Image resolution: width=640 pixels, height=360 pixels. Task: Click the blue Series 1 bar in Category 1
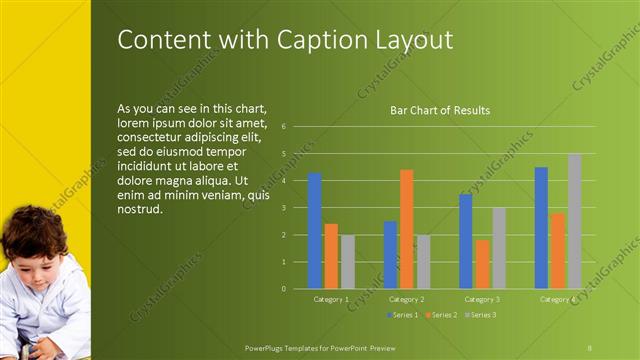pyautogui.click(x=315, y=231)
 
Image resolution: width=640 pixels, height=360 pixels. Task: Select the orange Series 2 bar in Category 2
pyautogui.click(x=406, y=229)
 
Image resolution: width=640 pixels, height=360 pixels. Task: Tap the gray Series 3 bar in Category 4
pyautogui.click(x=574, y=221)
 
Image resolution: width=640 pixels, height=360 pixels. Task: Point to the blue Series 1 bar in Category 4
pyautogui.click(x=541, y=228)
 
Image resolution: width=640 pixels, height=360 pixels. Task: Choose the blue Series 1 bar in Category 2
pyautogui.click(x=390, y=255)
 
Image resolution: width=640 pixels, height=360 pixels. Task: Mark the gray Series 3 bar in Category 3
pyautogui.click(x=498, y=248)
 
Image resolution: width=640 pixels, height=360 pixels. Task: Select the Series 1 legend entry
pyautogui.click(x=404, y=315)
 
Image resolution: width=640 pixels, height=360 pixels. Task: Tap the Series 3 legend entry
pyautogui.click(x=480, y=315)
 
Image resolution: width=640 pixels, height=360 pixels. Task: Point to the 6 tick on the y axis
pyautogui.click(x=284, y=127)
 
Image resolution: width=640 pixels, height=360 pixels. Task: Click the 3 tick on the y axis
pyautogui.click(x=284, y=208)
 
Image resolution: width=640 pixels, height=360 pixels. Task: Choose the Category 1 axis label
pyautogui.click(x=331, y=299)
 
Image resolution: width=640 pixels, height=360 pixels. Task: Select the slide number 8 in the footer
pyautogui.click(x=590, y=345)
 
